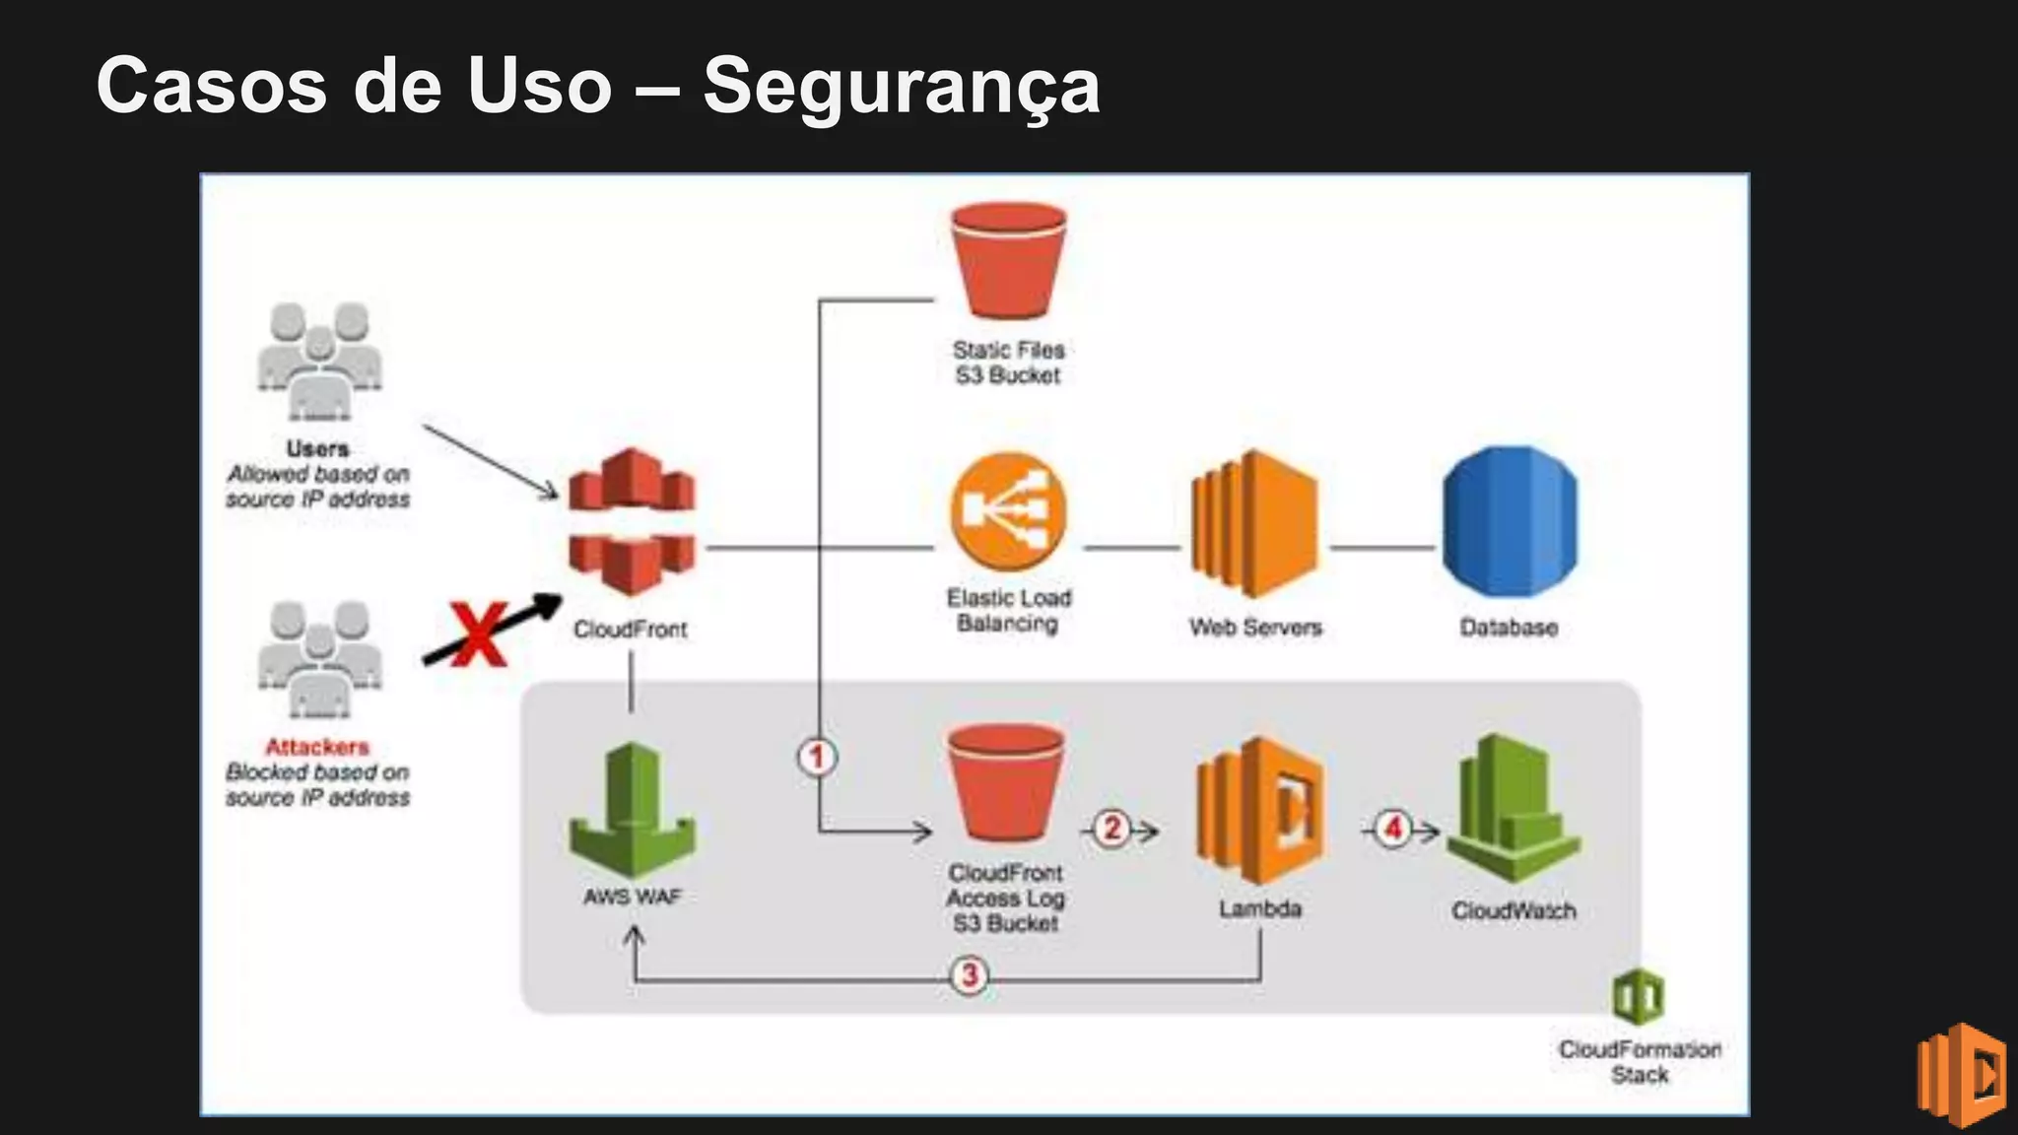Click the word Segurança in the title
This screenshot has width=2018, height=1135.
901,87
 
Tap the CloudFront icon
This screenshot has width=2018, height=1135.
632,522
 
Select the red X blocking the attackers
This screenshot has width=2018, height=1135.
479,634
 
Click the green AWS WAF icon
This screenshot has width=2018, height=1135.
633,811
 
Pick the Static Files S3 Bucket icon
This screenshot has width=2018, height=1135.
1008,260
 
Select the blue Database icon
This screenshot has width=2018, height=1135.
1510,522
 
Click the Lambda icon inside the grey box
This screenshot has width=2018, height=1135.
1260,810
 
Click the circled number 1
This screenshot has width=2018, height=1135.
817,758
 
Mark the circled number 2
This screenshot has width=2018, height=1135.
1112,829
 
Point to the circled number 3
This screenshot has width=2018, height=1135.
970,975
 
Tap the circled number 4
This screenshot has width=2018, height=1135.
1392,828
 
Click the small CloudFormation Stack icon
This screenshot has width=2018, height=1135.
1638,997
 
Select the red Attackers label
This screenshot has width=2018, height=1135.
317,747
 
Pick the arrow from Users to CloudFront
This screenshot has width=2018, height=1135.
490,461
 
